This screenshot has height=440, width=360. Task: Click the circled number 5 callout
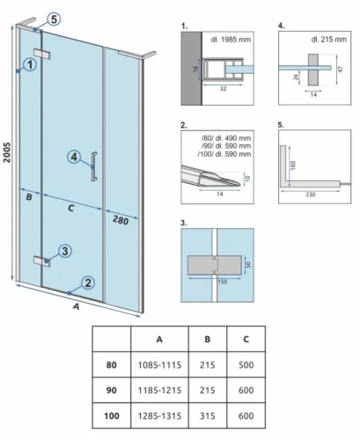tap(54, 19)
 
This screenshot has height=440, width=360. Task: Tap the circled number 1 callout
tap(31, 64)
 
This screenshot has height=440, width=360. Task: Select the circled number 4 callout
tap(74, 157)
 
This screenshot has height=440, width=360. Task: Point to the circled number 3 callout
tap(65, 251)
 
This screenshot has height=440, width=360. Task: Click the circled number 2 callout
tap(88, 282)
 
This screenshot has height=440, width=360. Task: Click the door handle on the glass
tap(94, 166)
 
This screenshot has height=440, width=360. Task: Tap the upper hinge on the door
tap(42, 54)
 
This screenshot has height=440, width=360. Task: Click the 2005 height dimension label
tap(6, 152)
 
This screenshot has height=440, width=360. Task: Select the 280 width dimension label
tap(121, 219)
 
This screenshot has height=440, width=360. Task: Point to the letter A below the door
tap(77, 306)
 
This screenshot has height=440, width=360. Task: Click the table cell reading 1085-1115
tap(159, 365)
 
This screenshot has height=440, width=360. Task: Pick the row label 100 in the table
tap(112, 415)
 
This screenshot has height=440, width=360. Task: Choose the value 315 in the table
tap(208, 415)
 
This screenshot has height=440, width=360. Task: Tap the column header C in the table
tap(246, 339)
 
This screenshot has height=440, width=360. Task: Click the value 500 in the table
tap(246, 365)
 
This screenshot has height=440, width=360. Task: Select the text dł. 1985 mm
tap(231, 40)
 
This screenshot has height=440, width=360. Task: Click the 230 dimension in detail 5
tap(311, 194)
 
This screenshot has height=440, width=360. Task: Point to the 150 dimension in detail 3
tap(222, 282)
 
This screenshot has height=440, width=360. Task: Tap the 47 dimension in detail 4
tap(341, 70)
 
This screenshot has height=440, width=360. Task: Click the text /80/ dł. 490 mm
tap(226, 138)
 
